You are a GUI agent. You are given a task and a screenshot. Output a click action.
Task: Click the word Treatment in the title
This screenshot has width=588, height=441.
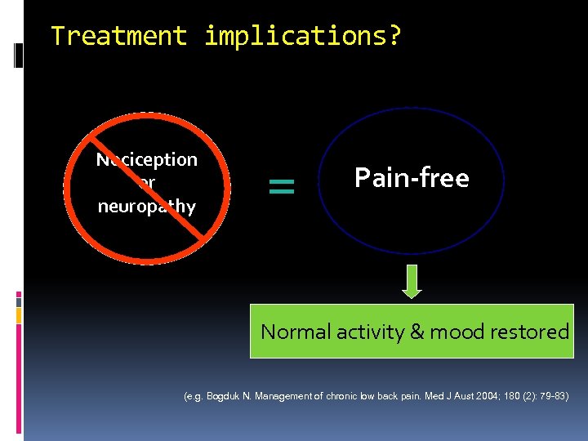118,36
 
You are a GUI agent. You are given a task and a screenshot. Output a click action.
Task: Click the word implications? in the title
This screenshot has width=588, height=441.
303,37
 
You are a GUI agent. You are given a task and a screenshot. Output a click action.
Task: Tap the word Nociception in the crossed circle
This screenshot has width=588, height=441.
147,159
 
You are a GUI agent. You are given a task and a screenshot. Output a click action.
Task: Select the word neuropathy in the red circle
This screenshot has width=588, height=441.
147,206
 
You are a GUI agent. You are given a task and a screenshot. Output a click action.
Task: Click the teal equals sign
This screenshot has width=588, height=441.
281,187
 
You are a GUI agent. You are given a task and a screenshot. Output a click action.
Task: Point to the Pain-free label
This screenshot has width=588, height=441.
412,177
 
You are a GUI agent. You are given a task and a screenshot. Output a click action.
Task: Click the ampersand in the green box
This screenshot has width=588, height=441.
416,332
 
